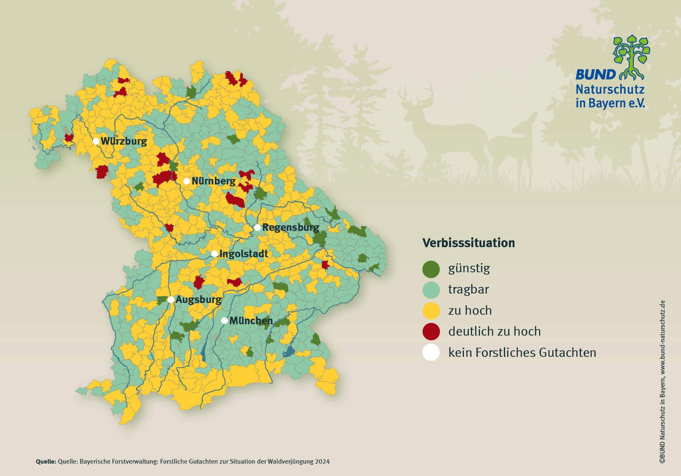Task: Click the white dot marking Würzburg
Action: click(x=96, y=141)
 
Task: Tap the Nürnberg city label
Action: click(x=213, y=181)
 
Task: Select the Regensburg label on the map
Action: click(x=291, y=228)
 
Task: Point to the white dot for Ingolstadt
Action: click(x=214, y=254)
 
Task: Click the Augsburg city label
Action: click(x=198, y=300)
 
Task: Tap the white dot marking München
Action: click(x=224, y=321)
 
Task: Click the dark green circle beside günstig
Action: click(x=431, y=269)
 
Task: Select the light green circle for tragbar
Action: click(x=431, y=290)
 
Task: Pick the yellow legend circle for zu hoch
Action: click(x=431, y=310)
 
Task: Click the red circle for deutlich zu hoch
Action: click(x=431, y=331)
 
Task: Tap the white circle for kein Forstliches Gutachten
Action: click(x=431, y=353)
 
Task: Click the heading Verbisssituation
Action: click(x=468, y=243)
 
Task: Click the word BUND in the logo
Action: click(x=595, y=75)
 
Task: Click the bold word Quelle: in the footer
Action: click(x=46, y=462)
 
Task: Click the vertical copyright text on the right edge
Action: click(x=662, y=382)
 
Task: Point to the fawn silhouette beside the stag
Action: click(x=513, y=147)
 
